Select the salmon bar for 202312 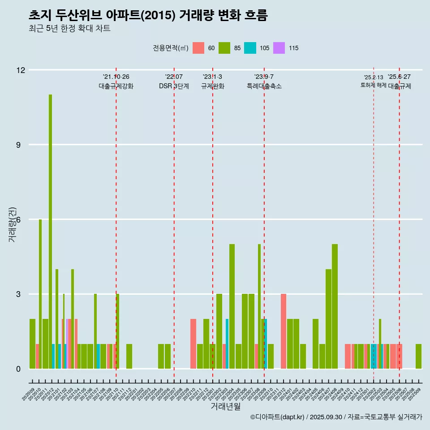click(284, 331)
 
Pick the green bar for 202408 click(335, 306)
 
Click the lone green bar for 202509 click(418, 357)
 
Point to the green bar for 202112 click(129, 357)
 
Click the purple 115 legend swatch click(279, 48)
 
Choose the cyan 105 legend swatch click(250, 48)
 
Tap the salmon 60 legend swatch click(198, 48)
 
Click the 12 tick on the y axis click(21, 70)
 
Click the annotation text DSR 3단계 click(174, 86)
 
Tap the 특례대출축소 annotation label click(264, 86)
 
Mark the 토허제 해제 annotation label click(373, 85)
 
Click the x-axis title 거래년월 click(225, 407)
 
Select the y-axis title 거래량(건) click(12, 224)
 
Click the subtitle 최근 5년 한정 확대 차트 click(69, 29)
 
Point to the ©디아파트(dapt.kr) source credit click(278, 417)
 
